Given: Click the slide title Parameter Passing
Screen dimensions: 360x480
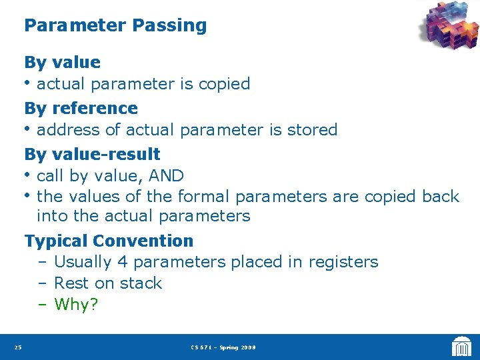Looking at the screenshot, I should pos(115,26).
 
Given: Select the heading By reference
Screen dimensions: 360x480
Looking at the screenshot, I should pos(81,108).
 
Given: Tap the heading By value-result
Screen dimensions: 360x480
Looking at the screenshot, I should pos(92,154).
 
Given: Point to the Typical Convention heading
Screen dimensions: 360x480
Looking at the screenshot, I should pos(109,241).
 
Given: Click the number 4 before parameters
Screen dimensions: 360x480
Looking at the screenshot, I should pos(122,262).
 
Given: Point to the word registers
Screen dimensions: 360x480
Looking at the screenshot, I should pos(343,263).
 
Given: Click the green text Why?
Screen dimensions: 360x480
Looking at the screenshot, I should pos(77,305).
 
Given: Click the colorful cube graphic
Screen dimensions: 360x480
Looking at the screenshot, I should pos(449,26).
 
